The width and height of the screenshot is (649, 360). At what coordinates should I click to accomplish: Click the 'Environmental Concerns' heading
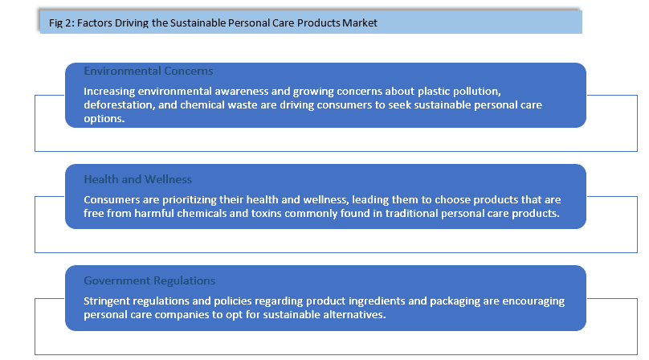coord(148,71)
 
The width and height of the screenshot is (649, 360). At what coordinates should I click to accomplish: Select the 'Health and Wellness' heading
coord(138,179)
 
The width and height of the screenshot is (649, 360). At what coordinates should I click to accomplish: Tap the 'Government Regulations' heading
coord(149,280)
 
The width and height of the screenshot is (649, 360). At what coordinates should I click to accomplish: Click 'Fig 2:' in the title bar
coord(62,22)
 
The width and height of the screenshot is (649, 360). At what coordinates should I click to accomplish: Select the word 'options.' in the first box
coord(104,119)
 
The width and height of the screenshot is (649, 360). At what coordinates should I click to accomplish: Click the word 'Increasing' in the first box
coord(109,92)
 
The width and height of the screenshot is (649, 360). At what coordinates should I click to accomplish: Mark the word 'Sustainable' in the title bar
coord(196,22)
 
